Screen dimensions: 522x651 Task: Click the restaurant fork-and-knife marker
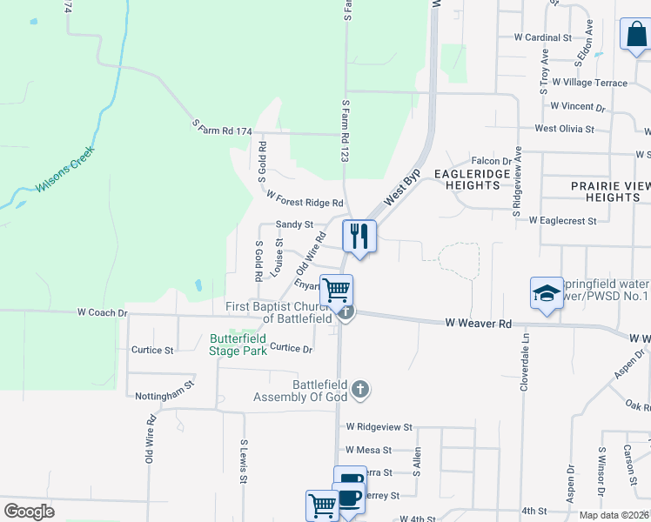point(359,236)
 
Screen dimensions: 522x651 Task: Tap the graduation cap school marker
point(547,293)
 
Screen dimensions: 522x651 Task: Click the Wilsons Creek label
point(65,175)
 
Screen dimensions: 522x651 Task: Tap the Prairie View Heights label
point(611,191)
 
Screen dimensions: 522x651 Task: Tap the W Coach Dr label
point(103,311)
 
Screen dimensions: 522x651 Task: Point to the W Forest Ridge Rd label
point(305,199)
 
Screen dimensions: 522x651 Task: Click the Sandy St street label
point(294,224)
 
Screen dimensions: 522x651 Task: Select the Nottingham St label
point(164,395)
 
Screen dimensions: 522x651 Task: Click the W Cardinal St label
point(542,37)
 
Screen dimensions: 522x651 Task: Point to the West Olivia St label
point(564,129)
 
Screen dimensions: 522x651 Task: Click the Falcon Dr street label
point(490,161)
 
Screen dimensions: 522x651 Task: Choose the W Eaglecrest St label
point(562,221)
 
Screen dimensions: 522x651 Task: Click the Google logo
point(29,512)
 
